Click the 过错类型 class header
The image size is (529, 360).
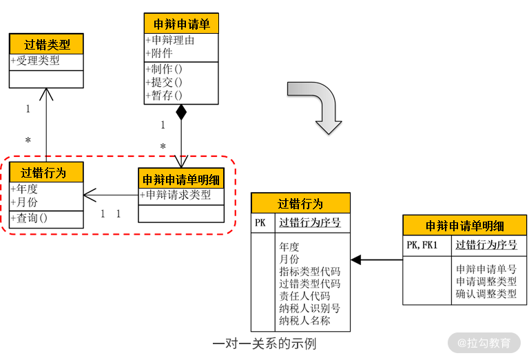pyautogui.click(x=46, y=45)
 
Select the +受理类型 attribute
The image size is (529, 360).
pyautogui.click(x=35, y=61)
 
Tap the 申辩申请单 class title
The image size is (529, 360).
pyautogui.click(x=181, y=24)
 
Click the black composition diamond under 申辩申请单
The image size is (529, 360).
pyautogui.click(x=181, y=112)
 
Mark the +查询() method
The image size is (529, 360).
pyautogui.click(x=29, y=219)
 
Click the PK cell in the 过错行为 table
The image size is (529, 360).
pyautogui.click(x=260, y=223)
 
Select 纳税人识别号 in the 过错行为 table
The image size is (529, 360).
pyautogui.click(x=309, y=308)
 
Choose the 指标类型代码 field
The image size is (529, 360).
pyautogui.click(x=309, y=271)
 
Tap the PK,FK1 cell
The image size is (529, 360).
pyautogui.click(x=422, y=244)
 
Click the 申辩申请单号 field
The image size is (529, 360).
pyautogui.click(x=486, y=269)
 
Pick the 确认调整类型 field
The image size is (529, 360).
pyautogui.click(x=486, y=294)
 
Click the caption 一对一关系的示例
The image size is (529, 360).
pyautogui.click(x=264, y=343)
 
